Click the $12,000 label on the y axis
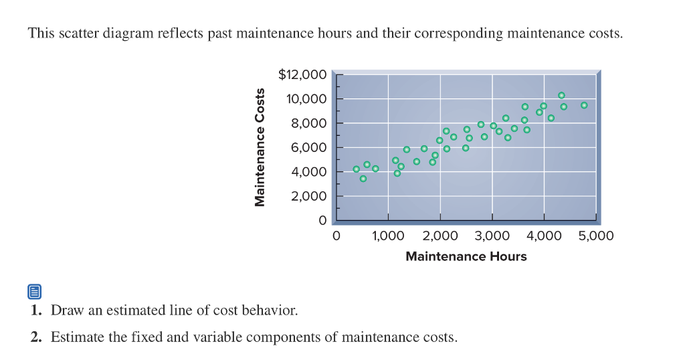pos(302,74)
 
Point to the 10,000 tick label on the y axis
pos(306,99)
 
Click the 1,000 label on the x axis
pos(388,236)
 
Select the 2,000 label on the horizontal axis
pos(440,236)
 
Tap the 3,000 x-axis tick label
pos(492,236)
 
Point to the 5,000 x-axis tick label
pos(596,236)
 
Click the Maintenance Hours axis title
pos(466,256)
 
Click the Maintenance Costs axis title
pos(259,147)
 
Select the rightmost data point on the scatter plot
pos(584,105)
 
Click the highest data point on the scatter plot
pos(561,95)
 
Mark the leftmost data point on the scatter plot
pos(356,169)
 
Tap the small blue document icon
pos(35,292)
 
